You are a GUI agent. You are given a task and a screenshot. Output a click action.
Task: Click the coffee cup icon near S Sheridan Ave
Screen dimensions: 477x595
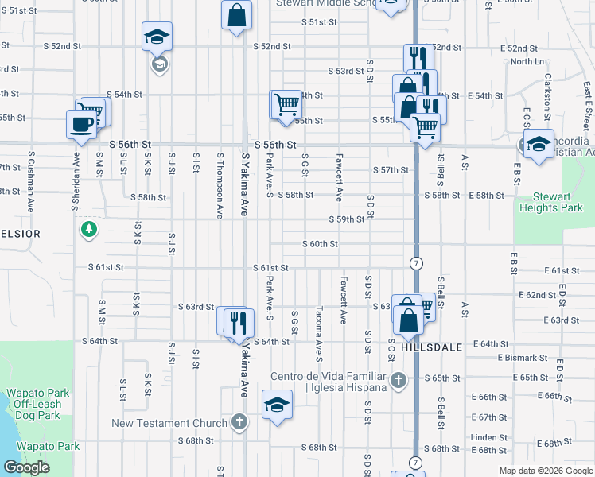coord(80,124)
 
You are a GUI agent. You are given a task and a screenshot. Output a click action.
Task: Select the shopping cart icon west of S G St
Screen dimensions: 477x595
coord(286,104)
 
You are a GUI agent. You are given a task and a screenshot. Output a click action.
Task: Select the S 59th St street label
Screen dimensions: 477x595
coord(348,219)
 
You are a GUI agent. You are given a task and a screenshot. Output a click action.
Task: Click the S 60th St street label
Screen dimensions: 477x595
coord(321,244)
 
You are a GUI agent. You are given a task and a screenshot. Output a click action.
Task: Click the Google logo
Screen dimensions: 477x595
coord(26,467)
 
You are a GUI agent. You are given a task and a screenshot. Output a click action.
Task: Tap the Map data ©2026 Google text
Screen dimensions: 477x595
coord(546,471)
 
